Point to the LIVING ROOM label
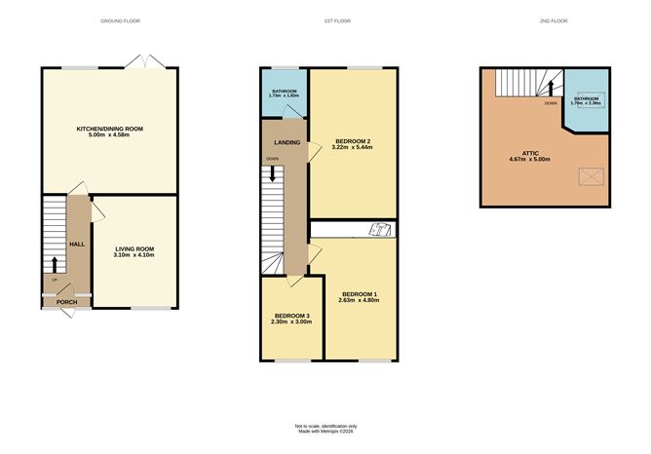136,249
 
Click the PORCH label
66,302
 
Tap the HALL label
75,244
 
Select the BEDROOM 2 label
354,142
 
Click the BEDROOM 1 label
359,293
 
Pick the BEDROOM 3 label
292,316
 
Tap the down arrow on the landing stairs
273,174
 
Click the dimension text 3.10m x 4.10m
136,257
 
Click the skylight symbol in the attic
589,177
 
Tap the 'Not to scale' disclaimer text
325,426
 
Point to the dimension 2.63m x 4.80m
359,301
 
